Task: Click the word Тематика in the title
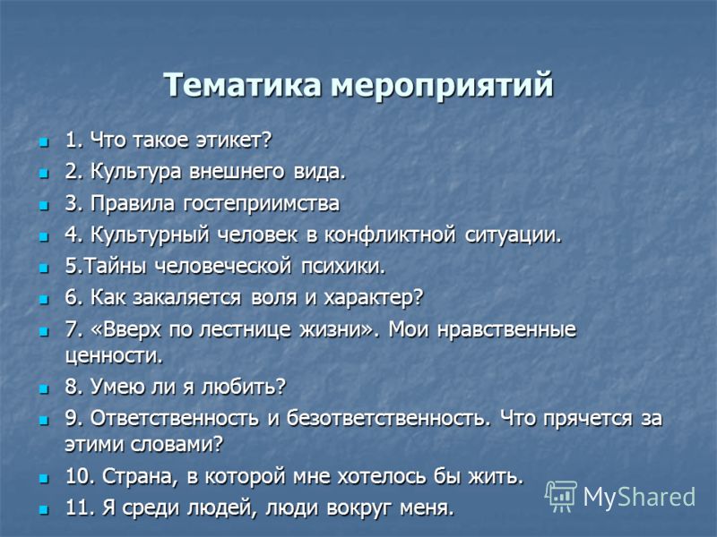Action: coord(242,85)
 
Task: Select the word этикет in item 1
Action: coord(234,140)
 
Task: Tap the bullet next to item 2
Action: coord(44,174)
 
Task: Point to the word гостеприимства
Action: coord(261,204)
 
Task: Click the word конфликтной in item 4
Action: coord(390,234)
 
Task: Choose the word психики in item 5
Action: coord(343,266)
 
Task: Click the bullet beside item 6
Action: coord(44,300)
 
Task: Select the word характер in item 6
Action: coord(374,298)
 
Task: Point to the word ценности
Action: coord(114,356)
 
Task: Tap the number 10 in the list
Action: coord(80,477)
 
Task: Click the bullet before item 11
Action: coord(44,509)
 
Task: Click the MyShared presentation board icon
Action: coord(561,496)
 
